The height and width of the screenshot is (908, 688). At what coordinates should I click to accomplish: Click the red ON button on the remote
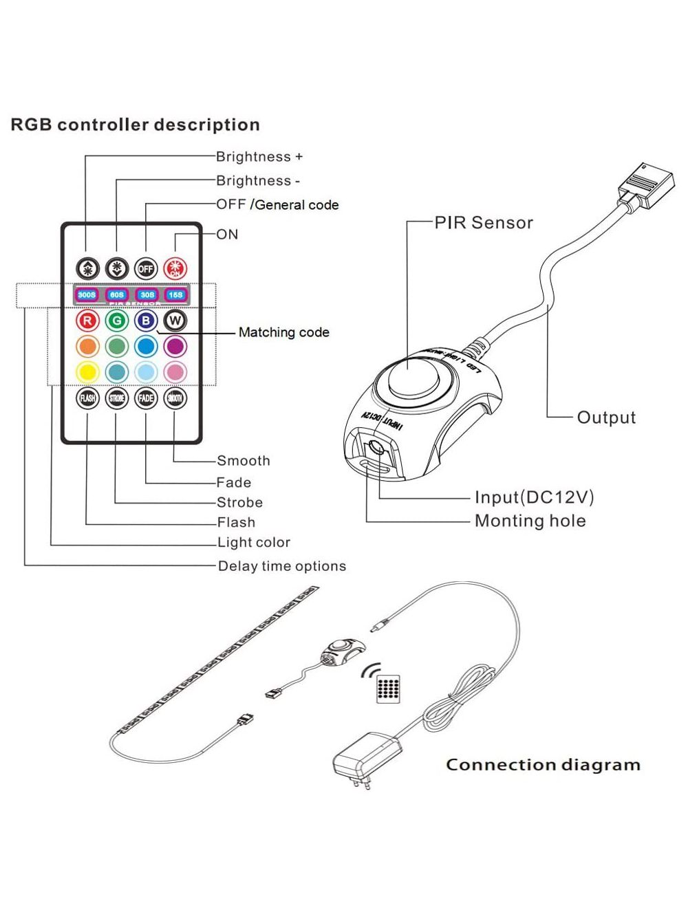(x=175, y=268)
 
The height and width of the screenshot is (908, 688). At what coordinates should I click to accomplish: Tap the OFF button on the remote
(x=146, y=268)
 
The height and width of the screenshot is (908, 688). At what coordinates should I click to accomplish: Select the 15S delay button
(x=175, y=295)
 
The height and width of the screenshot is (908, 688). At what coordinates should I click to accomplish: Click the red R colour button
(x=87, y=321)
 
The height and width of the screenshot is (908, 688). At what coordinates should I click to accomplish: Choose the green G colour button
(x=117, y=321)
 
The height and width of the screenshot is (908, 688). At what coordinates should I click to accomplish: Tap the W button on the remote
(x=175, y=321)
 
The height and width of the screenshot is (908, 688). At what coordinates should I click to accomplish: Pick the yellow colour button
(x=87, y=372)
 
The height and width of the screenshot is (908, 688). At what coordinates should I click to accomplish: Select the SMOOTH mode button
(x=175, y=398)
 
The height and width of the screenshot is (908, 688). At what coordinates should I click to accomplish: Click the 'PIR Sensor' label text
(x=484, y=223)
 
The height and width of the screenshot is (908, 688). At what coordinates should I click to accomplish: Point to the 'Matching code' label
(x=283, y=332)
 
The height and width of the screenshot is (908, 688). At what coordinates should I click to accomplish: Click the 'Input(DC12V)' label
(x=534, y=497)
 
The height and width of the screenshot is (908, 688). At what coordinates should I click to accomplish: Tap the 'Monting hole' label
(x=530, y=521)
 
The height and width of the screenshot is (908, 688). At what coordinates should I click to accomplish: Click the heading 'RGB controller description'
(x=136, y=125)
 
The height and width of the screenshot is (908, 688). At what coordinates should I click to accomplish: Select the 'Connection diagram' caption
(x=543, y=765)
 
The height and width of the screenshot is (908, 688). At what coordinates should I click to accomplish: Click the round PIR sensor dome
(x=407, y=377)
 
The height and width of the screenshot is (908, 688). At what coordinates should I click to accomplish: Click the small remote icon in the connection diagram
(x=388, y=688)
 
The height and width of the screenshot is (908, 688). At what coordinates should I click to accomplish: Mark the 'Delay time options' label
(x=281, y=566)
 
